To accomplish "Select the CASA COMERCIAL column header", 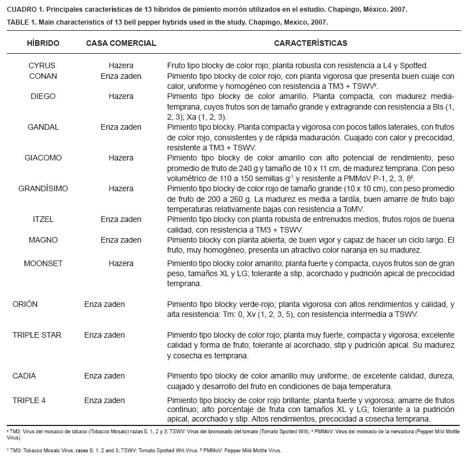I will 121,43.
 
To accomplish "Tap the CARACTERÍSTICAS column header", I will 311,43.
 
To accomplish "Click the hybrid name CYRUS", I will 42,65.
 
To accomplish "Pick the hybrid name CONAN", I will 43,76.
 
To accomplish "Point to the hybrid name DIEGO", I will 43,96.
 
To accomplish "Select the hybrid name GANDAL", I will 43,127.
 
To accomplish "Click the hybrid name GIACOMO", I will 43,158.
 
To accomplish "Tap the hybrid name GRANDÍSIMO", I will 43,188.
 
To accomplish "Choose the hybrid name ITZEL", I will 43,219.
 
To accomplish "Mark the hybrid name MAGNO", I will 43,240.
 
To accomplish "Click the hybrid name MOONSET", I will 43,263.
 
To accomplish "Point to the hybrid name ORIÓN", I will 25,304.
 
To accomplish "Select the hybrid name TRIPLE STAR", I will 37,335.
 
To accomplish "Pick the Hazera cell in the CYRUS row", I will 121,65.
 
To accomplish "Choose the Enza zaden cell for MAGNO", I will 121,240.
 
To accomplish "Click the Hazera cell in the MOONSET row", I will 121,263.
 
